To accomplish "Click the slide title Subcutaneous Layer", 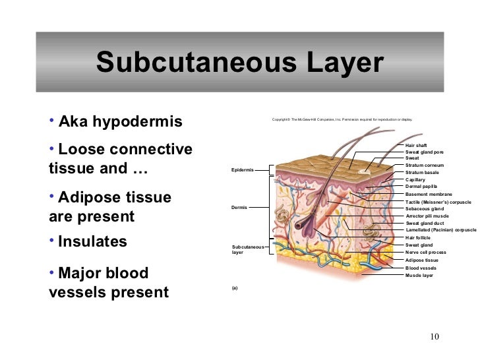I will coord(239,63).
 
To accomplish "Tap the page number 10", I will coord(433,338).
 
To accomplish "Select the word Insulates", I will coord(92,241).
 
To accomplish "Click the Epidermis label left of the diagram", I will coord(243,169).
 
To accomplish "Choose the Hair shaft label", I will coord(416,144).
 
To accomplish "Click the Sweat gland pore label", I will coord(424,152).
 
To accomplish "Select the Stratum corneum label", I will coord(425,165).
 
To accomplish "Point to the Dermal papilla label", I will coord(421,187).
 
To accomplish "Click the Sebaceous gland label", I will coord(425,208).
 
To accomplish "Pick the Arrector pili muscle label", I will coord(427,216).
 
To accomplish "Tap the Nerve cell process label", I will coord(426,252).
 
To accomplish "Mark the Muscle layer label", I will coord(419,275).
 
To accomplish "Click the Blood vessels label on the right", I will coord(421,268).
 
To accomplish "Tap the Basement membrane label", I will coord(429,195).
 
